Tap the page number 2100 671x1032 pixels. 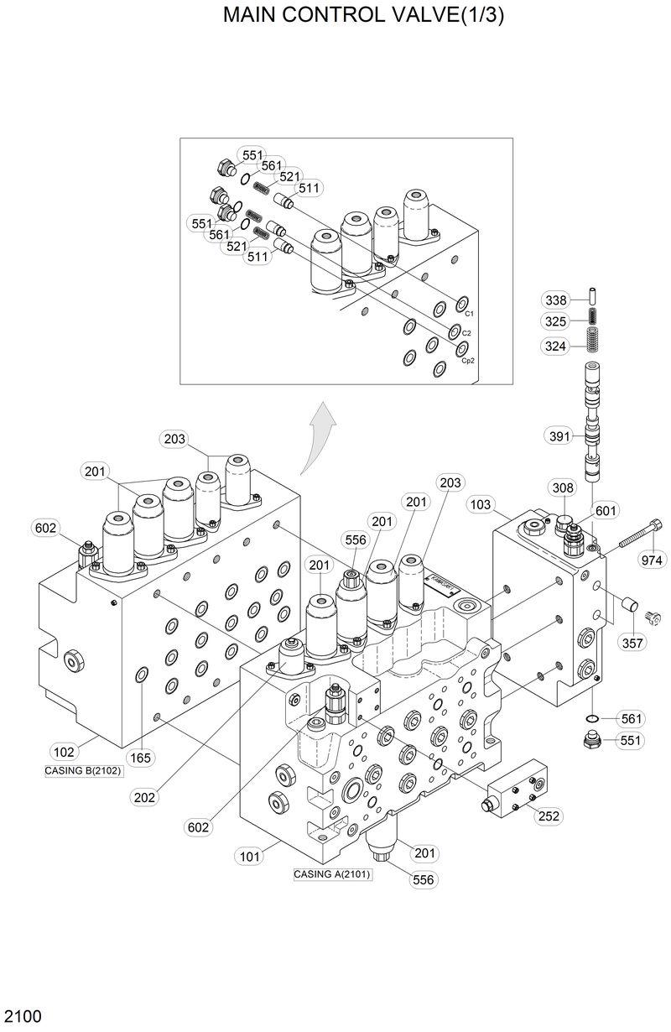(22, 1016)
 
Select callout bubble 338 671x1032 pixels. (556, 300)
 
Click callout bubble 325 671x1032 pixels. (556, 321)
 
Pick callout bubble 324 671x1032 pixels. (556, 346)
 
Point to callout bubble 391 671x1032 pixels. (559, 435)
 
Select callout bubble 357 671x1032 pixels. (634, 643)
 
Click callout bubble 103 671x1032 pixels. (481, 505)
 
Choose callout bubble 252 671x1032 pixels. (549, 816)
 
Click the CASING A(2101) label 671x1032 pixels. (332, 873)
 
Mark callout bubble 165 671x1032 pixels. (141, 758)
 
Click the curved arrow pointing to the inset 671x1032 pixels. (317, 435)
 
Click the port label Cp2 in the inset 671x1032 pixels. (468, 361)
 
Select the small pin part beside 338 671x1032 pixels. (591, 298)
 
